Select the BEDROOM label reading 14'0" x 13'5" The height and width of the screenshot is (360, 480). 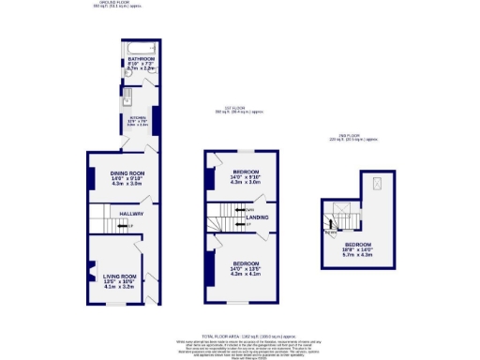pos(246,262)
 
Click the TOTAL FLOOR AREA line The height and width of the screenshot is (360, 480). pos(239,336)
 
